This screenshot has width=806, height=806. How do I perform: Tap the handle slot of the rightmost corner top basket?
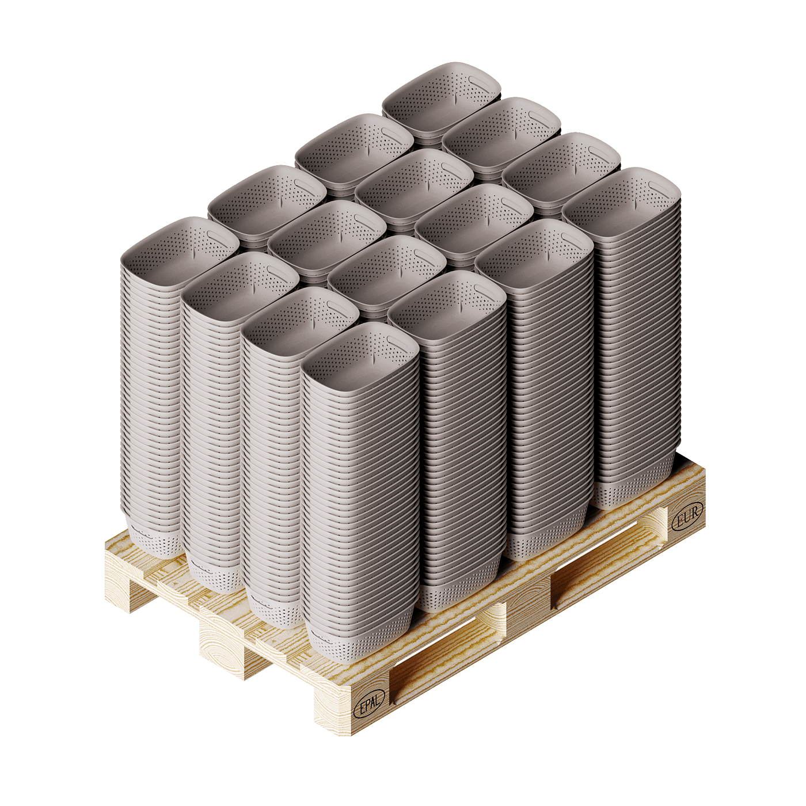click(660, 186)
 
